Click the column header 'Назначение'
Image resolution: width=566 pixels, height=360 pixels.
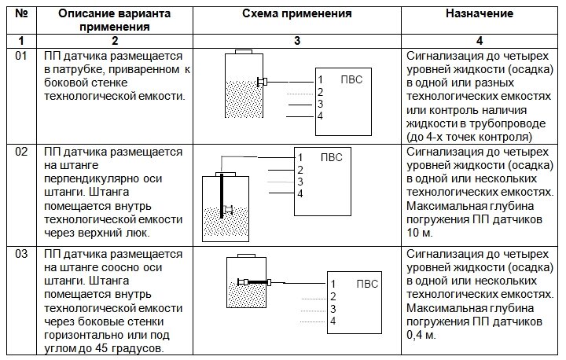480,14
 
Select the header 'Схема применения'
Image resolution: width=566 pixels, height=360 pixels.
297,14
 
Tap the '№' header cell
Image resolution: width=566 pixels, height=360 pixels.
22,14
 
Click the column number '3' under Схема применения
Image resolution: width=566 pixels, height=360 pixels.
297,40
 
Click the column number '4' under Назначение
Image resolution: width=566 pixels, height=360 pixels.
480,40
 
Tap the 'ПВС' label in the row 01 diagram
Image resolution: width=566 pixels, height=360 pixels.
351,79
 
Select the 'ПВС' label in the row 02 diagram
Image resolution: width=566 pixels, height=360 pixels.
332,157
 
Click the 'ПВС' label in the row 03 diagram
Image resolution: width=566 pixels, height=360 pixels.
366,284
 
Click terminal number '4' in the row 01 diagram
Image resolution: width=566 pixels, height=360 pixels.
321,116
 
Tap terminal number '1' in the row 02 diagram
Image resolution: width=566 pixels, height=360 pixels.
300,157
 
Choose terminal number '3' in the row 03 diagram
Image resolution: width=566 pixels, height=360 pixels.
333,309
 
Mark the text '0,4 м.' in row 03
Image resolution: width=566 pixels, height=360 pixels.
424,336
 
